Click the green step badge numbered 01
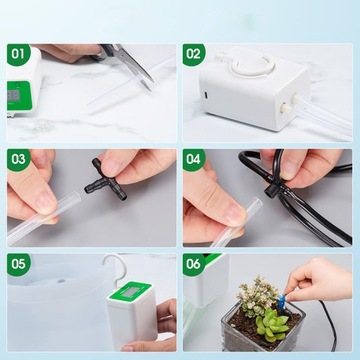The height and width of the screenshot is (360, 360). coord(18,54)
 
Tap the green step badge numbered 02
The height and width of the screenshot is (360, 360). coord(194,54)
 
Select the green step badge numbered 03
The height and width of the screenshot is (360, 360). coord(18,159)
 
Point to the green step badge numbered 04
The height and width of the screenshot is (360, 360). coord(194,159)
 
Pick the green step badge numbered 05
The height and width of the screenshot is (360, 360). coord(18,264)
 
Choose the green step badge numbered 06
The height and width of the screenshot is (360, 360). coord(194,264)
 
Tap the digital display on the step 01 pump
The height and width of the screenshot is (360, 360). coord(14,96)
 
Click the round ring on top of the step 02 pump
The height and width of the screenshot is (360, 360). coord(253,65)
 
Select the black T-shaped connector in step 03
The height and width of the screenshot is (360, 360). coord(105,180)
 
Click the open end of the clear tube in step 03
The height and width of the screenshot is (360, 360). coord(77,197)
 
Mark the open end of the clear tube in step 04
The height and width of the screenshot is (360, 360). coord(257,202)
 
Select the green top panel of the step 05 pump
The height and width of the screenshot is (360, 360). coord(131,291)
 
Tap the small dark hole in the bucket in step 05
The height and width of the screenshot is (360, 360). coord(61,281)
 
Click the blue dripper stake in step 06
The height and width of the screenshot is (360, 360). coord(282,302)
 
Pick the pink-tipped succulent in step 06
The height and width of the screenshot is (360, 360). coord(257,296)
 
